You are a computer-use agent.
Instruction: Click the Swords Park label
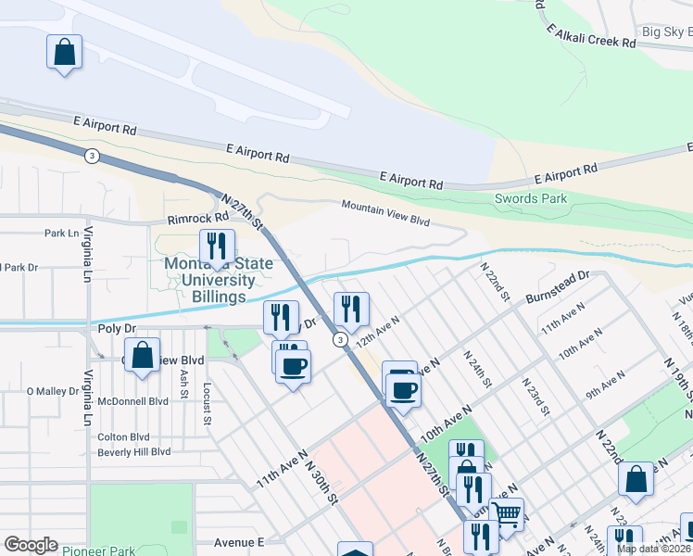click(x=530, y=198)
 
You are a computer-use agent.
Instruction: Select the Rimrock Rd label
click(x=198, y=219)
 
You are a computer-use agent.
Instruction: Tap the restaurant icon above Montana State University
click(x=217, y=246)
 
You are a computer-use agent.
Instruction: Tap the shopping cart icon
click(x=506, y=514)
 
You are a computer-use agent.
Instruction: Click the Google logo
click(x=31, y=545)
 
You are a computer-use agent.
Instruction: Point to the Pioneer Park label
click(x=96, y=550)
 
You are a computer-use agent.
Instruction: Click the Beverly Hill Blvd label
click(x=134, y=451)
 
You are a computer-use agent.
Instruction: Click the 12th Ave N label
click(x=377, y=331)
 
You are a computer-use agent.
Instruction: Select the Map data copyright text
click(x=654, y=549)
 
